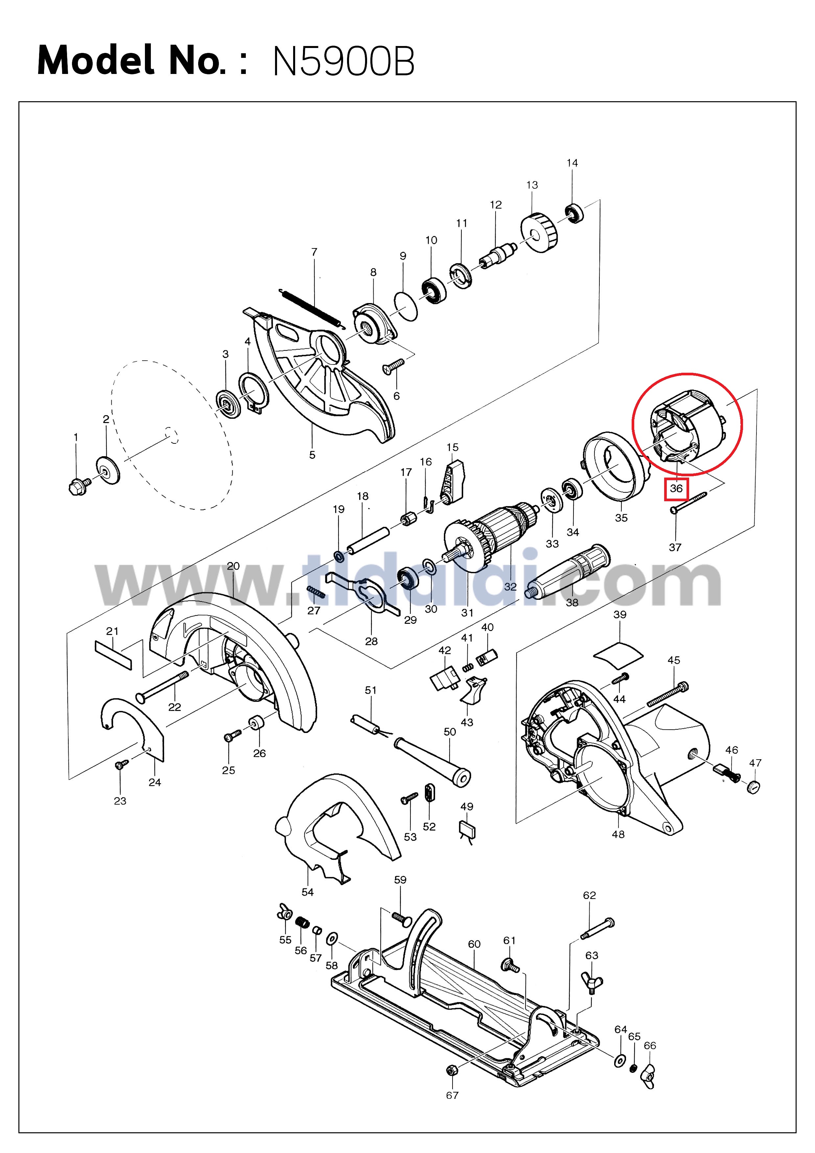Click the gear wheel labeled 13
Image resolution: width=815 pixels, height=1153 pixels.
point(540,232)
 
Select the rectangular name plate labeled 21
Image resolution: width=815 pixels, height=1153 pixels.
point(113,655)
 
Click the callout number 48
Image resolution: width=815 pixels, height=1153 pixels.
point(618,834)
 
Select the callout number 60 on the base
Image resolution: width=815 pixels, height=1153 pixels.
point(474,944)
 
